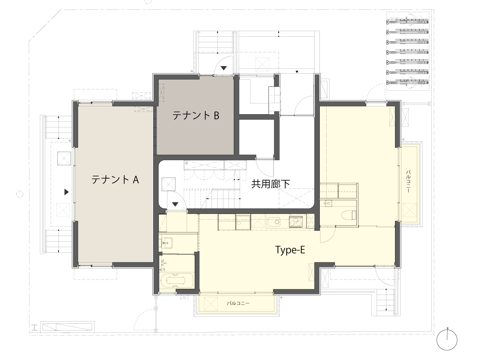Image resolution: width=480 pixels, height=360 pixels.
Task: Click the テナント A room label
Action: click(115, 180)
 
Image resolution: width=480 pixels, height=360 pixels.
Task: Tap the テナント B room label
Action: click(196, 115)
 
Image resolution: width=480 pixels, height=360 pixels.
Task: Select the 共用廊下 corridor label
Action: click(270, 184)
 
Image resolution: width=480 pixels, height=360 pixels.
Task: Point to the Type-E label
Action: click(290, 250)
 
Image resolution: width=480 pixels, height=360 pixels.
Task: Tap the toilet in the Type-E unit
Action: click(349, 215)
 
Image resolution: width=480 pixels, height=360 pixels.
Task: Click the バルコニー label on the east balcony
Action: click(408, 181)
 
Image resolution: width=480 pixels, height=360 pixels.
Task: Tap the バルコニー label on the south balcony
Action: click(238, 303)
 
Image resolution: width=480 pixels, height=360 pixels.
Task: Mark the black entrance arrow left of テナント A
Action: click(66, 192)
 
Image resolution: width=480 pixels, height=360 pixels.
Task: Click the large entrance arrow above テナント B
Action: click(224, 68)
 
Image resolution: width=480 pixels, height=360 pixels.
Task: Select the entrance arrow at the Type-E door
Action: click(175, 205)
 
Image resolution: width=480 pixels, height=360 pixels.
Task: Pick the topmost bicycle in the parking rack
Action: click(407, 22)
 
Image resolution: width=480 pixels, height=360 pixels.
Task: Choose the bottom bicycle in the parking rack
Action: click(407, 83)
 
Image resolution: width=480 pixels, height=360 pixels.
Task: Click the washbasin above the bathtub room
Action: click(165, 243)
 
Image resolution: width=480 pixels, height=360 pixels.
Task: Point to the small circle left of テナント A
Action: click(20, 194)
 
